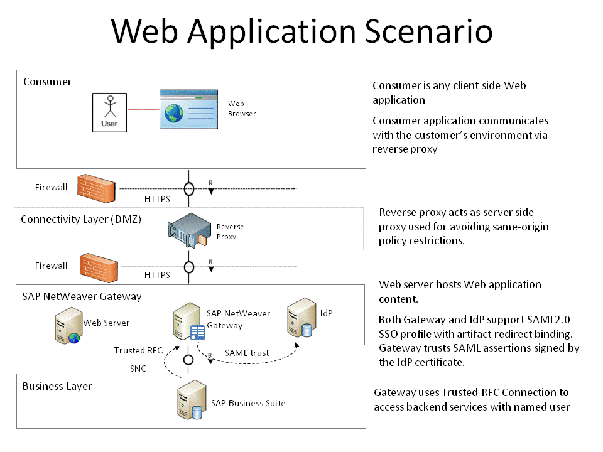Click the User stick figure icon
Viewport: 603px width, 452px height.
coord(109,112)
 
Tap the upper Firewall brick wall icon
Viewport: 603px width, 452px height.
coord(97,187)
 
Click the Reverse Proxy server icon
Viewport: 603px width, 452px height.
coord(188,232)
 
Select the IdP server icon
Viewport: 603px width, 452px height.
coord(300,321)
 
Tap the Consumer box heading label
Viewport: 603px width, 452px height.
coord(48,82)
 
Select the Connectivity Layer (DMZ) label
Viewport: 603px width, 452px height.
coord(80,219)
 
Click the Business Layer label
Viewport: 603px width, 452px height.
coord(57,386)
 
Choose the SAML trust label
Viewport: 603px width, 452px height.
coord(247,353)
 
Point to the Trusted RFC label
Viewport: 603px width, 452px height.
coord(138,350)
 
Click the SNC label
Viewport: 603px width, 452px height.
coord(138,369)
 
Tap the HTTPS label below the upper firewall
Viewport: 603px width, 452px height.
coord(157,200)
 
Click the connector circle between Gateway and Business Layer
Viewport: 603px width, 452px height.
coord(188,360)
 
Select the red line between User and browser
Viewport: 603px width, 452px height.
coord(143,110)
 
